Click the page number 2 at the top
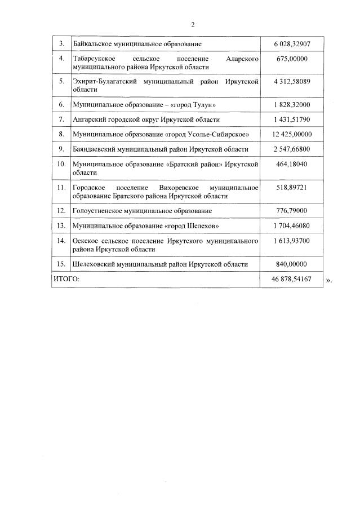point(192,24)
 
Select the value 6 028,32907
point(291,43)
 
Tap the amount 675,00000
point(291,59)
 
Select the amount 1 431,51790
point(291,119)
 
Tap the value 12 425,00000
point(291,134)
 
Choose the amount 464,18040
point(291,164)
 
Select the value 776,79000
point(291,210)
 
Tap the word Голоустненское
point(99,210)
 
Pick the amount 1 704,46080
point(291,225)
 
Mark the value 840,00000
point(291,264)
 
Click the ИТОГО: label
point(66,279)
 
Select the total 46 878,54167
point(291,279)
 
